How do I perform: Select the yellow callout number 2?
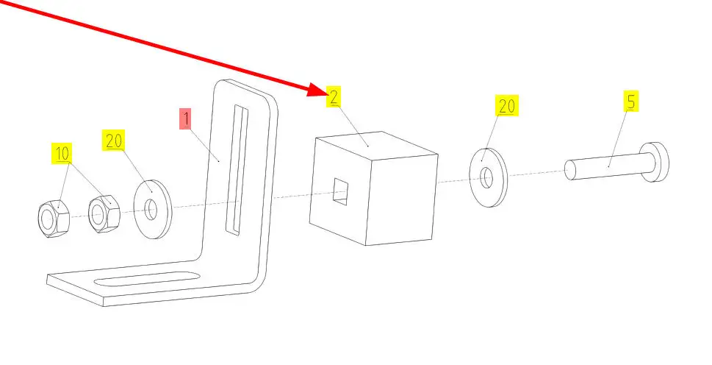click(334, 97)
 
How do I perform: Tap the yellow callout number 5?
click(630, 101)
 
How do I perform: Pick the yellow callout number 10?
click(62, 153)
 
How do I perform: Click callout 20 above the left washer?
click(114, 140)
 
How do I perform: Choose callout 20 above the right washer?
click(507, 107)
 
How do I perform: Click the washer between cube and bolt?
click(488, 177)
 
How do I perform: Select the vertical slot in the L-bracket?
click(237, 169)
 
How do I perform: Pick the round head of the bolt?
click(655, 161)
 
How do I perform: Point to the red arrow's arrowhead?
click(317, 90)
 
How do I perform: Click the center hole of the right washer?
click(488, 177)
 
